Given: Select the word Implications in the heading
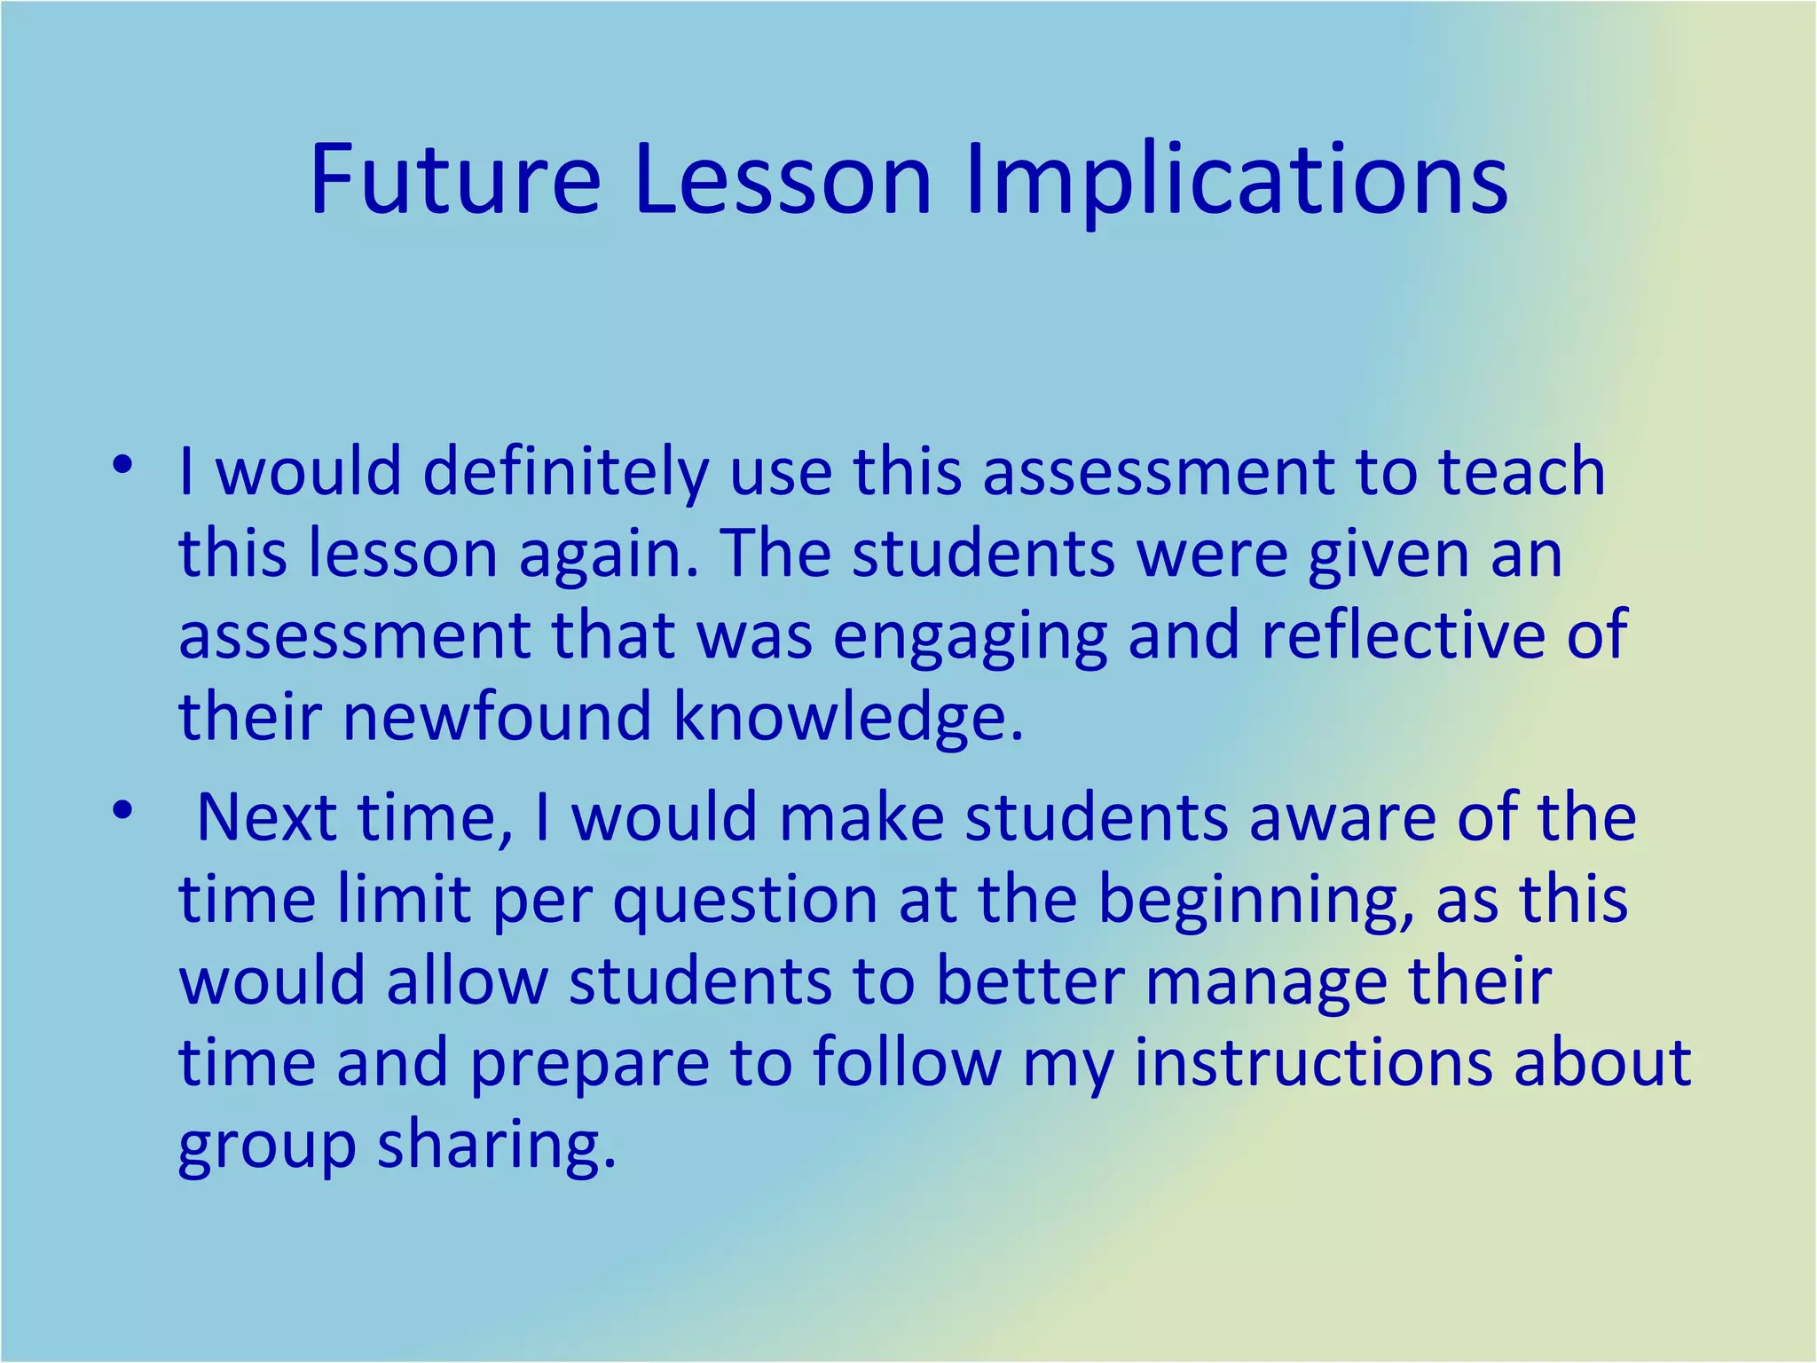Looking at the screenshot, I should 1236,182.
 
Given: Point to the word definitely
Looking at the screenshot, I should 565,472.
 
